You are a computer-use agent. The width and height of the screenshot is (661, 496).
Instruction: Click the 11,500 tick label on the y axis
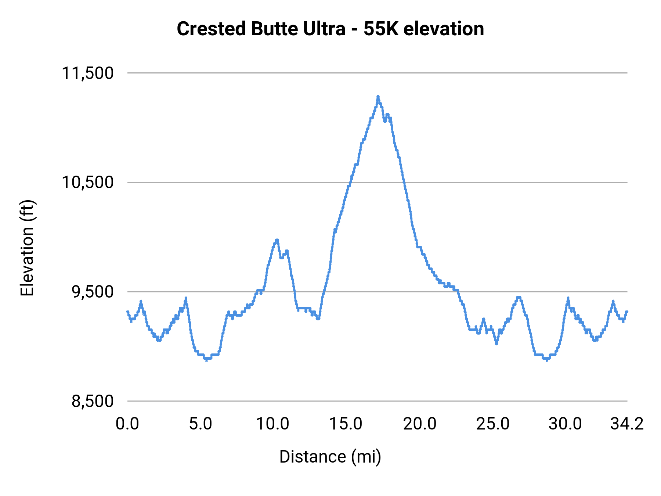point(87,73)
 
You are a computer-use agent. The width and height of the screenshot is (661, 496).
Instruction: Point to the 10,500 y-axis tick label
point(87,182)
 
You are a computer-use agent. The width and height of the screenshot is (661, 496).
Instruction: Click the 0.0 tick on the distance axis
point(127,424)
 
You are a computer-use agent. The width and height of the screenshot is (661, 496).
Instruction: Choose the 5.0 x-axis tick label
point(201,424)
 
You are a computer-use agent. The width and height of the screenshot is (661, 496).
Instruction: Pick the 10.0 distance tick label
point(272,424)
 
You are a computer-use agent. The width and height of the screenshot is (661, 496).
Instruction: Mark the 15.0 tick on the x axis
point(346,424)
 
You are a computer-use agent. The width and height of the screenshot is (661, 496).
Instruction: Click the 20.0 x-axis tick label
point(420,424)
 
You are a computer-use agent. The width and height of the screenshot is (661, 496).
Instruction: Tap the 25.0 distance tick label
point(493,424)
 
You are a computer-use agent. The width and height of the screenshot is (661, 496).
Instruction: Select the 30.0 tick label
point(565,424)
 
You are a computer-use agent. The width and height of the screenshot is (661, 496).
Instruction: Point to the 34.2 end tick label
point(627,424)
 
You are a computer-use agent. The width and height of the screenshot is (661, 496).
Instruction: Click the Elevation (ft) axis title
point(27,248)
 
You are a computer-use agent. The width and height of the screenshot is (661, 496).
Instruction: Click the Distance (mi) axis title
point(330,457)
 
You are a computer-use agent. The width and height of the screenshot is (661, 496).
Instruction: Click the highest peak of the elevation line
point(378,97)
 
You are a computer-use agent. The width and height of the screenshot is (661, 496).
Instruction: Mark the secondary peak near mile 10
point(277,240)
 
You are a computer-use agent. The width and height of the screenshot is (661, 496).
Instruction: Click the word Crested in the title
point(211,29)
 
